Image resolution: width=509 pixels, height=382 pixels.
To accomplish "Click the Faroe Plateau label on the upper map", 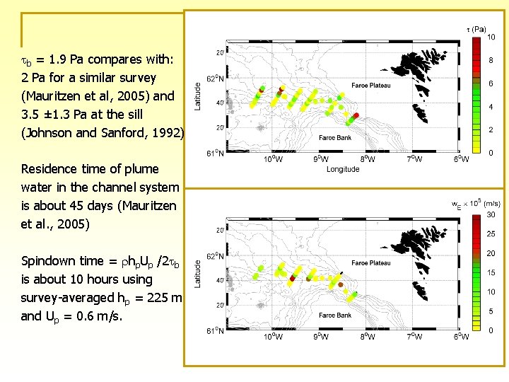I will point(370,86).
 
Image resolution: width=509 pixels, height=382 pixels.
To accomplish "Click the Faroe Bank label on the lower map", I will point(334,138).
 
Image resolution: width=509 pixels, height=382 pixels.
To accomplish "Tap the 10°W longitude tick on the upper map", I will point(274,159).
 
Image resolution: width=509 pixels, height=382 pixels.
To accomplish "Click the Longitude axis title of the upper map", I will point(343,169).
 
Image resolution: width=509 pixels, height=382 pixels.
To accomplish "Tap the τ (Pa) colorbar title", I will point(476,30).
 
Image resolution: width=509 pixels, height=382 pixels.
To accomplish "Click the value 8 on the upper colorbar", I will point(491,60).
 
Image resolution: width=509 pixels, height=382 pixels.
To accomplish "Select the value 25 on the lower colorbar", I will point(491,233).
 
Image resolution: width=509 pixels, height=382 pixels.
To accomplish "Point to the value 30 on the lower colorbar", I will point(491,214).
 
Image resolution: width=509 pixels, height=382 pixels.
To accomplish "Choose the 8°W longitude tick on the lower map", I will point(367,337).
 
